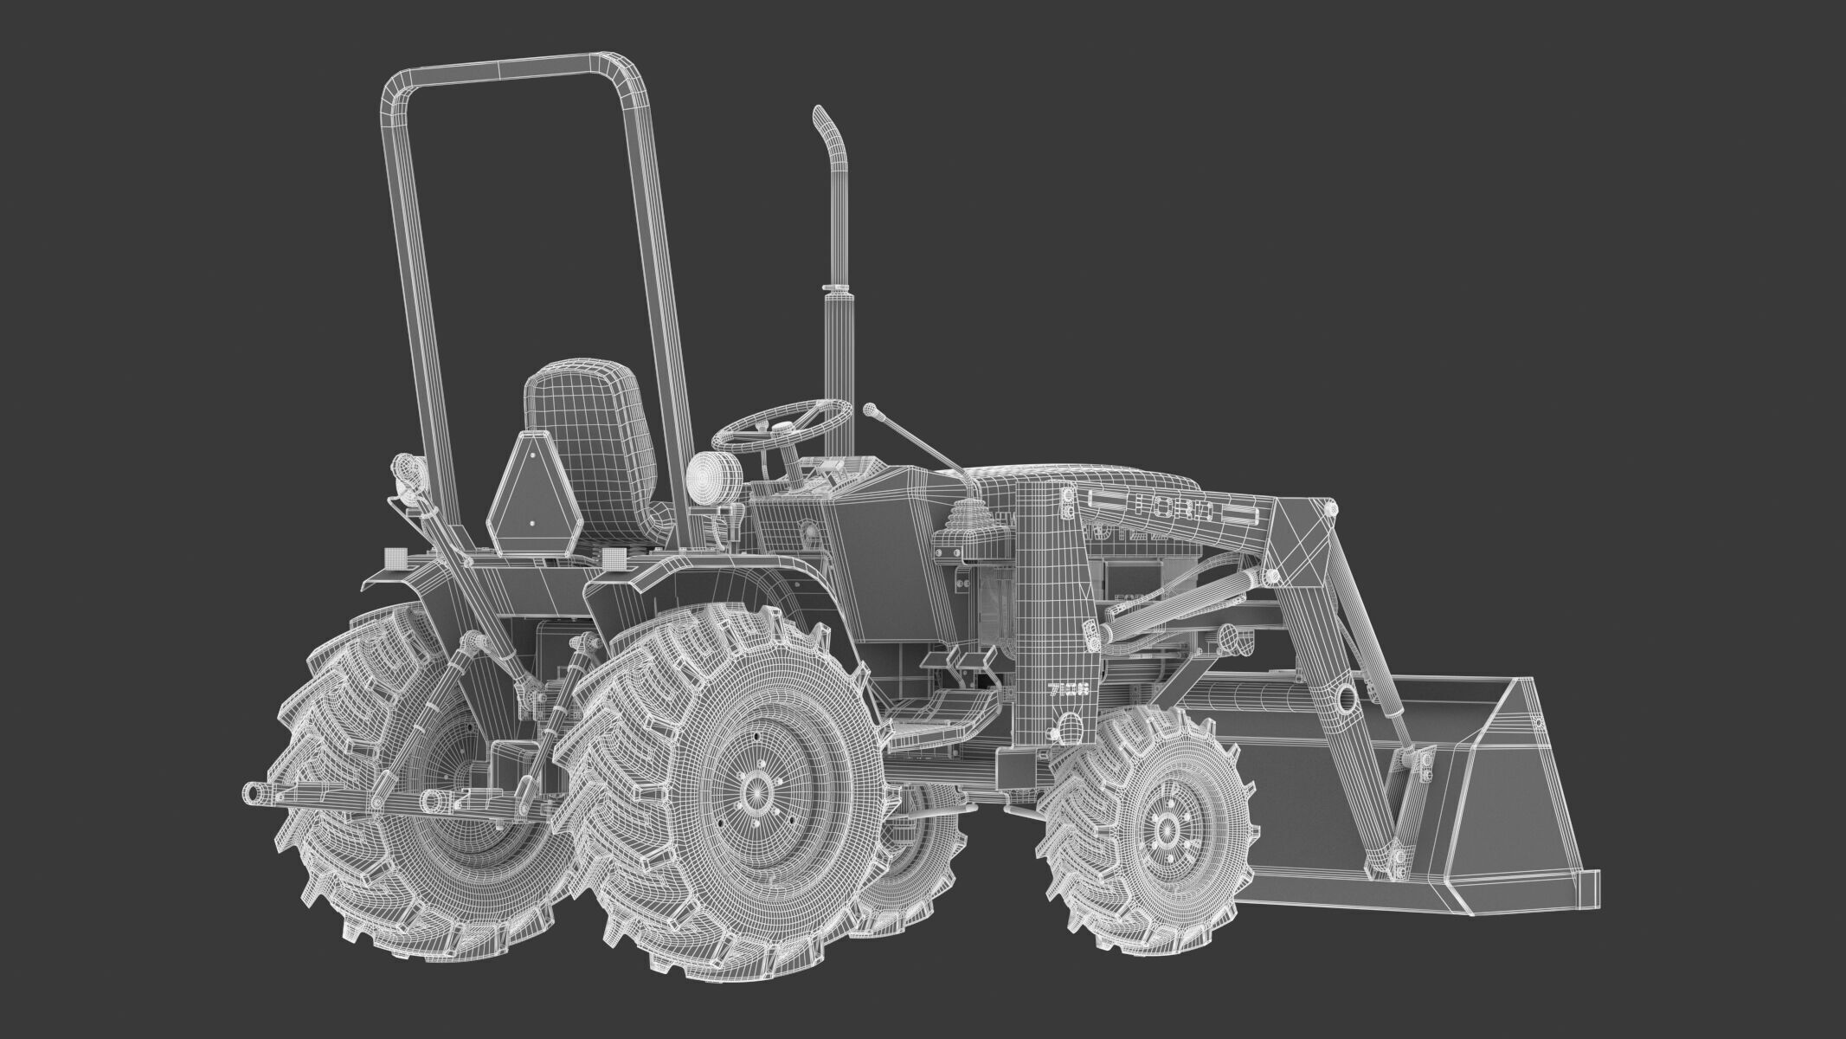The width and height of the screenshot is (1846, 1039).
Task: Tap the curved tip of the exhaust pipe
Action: pos(820,121)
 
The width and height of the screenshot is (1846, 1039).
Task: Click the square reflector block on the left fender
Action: pos(395,556)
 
